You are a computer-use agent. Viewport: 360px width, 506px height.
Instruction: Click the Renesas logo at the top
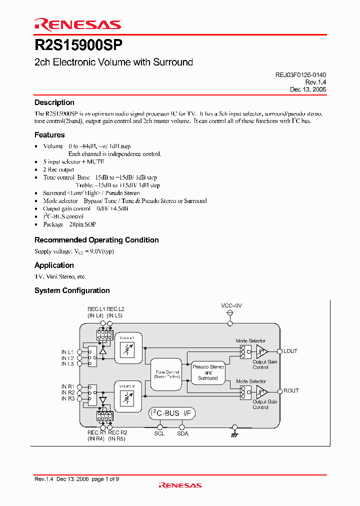pos(77,24)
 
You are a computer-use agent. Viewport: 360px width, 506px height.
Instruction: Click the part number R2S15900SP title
pos(78,45)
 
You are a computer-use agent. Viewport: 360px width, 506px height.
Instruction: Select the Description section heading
pos(54,102)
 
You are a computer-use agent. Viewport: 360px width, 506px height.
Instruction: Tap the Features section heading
pos(49,135)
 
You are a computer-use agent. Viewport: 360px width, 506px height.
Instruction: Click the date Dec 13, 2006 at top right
pos(308,89)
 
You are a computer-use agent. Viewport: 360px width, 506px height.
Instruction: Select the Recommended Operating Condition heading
pos(96,240)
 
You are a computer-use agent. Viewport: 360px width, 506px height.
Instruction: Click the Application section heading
pos(54,265)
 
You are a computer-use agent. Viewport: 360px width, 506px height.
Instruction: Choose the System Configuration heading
pos(72,290)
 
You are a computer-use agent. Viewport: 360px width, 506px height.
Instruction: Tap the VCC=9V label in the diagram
pos(231,305)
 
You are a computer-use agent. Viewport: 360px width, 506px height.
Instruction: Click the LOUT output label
pos(290,351)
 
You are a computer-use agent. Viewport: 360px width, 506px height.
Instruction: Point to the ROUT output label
pos(291,391)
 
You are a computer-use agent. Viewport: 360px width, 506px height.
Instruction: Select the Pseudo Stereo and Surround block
pos(208,372)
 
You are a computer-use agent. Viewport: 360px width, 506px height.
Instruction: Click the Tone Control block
pos(167,374)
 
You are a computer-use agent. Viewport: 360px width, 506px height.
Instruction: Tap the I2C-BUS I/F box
pos(172,413)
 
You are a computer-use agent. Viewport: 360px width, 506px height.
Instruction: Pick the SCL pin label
pos(159,433)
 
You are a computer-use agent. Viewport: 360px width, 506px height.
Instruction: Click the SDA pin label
pos(182,433)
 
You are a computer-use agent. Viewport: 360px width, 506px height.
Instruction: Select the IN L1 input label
pos(67,352)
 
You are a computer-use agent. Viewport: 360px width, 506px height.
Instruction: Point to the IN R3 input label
pos(67,398)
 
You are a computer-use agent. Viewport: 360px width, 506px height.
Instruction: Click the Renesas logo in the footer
pos(180,485)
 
